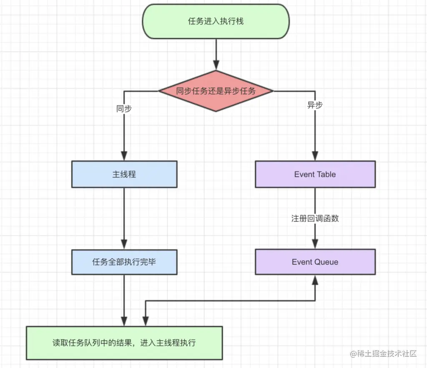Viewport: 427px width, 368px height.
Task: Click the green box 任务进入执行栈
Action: pos(216,22)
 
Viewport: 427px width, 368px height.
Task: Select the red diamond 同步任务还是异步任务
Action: pos(216,91)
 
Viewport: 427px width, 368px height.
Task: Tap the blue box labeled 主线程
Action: pos(124,174)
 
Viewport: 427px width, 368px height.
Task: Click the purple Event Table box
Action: pos(315,174)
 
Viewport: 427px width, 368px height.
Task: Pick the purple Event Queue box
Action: pos(315,262)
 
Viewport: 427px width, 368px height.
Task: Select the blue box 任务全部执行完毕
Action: pos(124,262)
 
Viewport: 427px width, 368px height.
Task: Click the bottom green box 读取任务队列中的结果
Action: pos(124,343)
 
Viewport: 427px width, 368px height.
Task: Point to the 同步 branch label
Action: pos(124,109)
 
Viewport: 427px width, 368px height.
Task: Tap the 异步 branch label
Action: pos(315,105)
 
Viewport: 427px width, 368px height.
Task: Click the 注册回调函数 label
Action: pos(315,219)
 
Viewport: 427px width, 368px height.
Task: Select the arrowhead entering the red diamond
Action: pos(216,65)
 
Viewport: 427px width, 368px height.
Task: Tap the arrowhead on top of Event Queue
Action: pos(315,244)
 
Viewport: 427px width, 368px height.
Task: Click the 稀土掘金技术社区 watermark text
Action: pos(383,354)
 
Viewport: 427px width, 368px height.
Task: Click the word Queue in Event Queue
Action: pos(326,262)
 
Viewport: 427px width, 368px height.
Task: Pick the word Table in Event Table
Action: pos(326,174)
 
